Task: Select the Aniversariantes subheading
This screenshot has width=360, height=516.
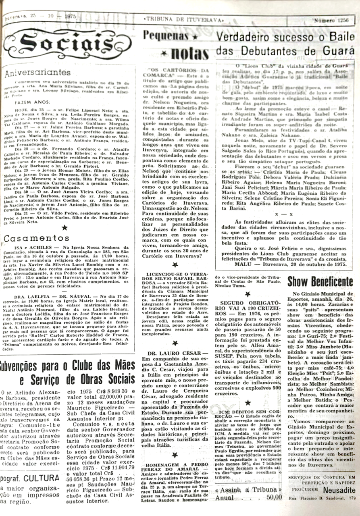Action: [x=38, y=73]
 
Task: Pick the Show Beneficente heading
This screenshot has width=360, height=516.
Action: [x=320, y=282]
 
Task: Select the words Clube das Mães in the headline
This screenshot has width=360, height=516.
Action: [x=103, y=366]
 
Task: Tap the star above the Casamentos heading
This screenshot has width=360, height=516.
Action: [x=65, y=228]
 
